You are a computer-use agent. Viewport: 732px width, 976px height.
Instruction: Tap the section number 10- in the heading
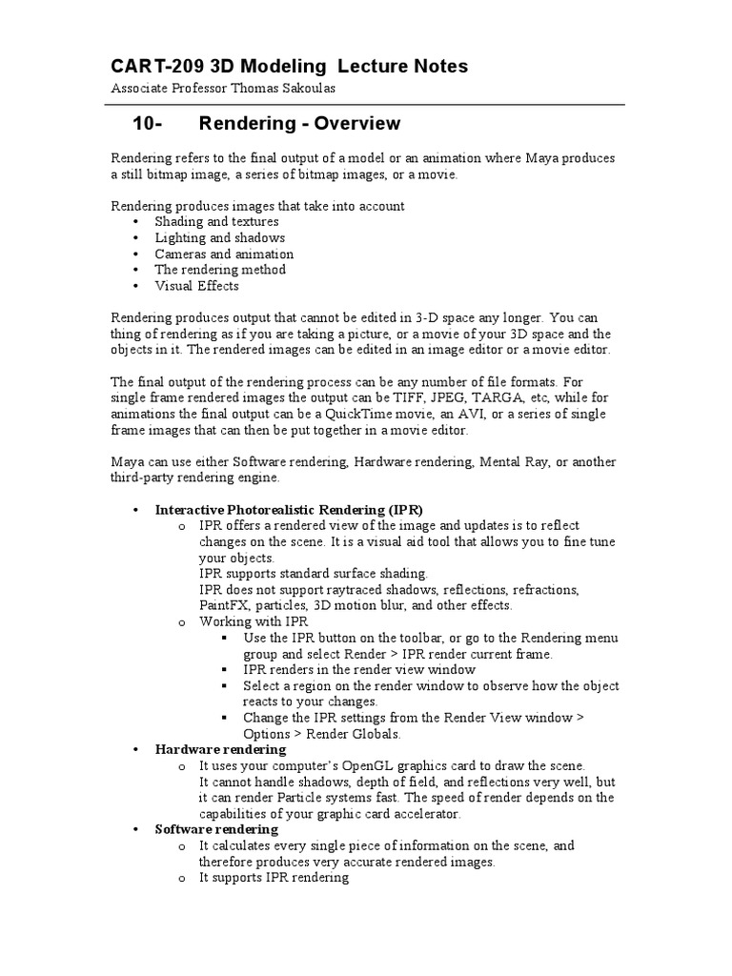coord(149,124)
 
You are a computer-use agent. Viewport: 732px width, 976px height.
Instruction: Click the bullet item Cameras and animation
coord(224,254)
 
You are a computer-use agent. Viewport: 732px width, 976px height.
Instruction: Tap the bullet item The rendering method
coord(220,270)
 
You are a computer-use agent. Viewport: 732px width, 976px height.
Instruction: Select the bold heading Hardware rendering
coord(220,750)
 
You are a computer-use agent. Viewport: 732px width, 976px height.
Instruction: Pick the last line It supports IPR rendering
coord(274,878)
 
